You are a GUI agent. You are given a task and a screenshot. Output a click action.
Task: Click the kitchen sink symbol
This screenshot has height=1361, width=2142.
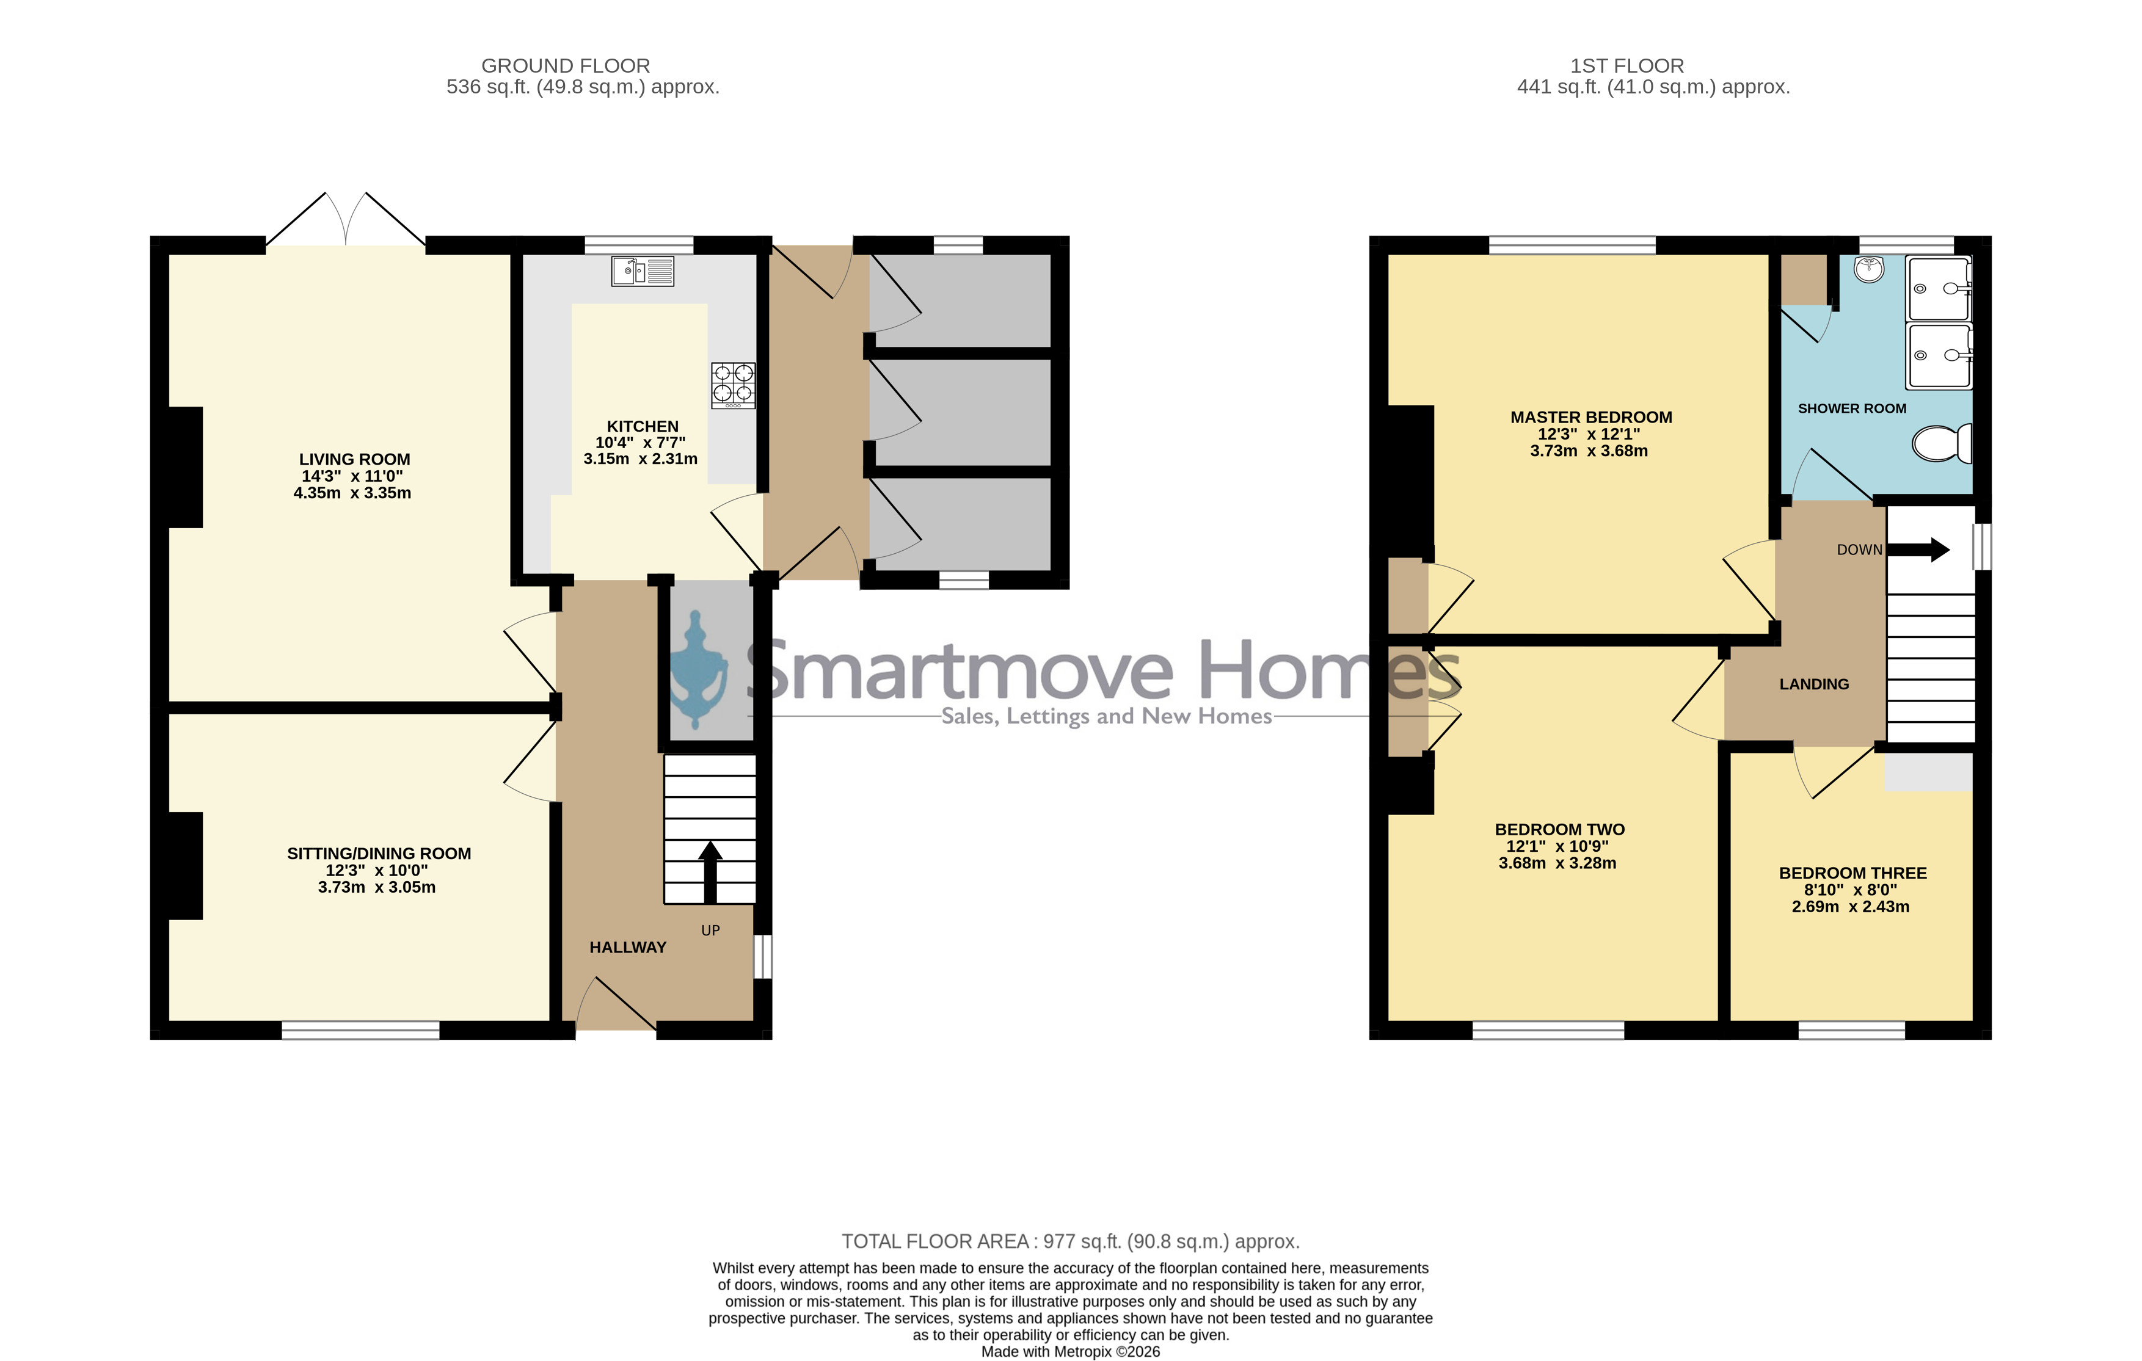643,271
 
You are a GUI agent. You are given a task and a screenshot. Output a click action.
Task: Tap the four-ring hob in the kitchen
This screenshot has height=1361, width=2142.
733,385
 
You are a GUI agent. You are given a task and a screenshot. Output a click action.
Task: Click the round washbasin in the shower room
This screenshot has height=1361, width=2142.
1869,269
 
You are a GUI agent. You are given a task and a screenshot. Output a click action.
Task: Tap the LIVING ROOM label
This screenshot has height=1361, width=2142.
354,459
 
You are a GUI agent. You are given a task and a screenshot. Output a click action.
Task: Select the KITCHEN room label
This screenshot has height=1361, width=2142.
643,426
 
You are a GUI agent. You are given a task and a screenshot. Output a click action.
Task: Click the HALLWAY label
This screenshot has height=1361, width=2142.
628,948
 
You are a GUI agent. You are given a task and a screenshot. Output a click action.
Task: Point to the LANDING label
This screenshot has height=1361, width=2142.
1814,684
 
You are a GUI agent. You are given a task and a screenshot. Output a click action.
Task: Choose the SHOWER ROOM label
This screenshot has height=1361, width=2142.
1852,408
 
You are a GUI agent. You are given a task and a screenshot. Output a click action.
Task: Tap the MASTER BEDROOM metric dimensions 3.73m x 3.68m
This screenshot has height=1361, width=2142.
1589,451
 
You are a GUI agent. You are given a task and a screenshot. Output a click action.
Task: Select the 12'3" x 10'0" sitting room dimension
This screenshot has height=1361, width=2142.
376,870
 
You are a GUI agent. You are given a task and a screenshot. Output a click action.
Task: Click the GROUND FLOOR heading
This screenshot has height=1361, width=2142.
566,66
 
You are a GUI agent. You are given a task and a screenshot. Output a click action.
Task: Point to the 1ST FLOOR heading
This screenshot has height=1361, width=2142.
1627,66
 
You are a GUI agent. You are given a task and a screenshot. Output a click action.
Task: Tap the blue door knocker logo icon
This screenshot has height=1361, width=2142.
699,676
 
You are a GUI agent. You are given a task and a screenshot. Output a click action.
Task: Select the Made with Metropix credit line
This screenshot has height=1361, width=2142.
1071,1352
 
